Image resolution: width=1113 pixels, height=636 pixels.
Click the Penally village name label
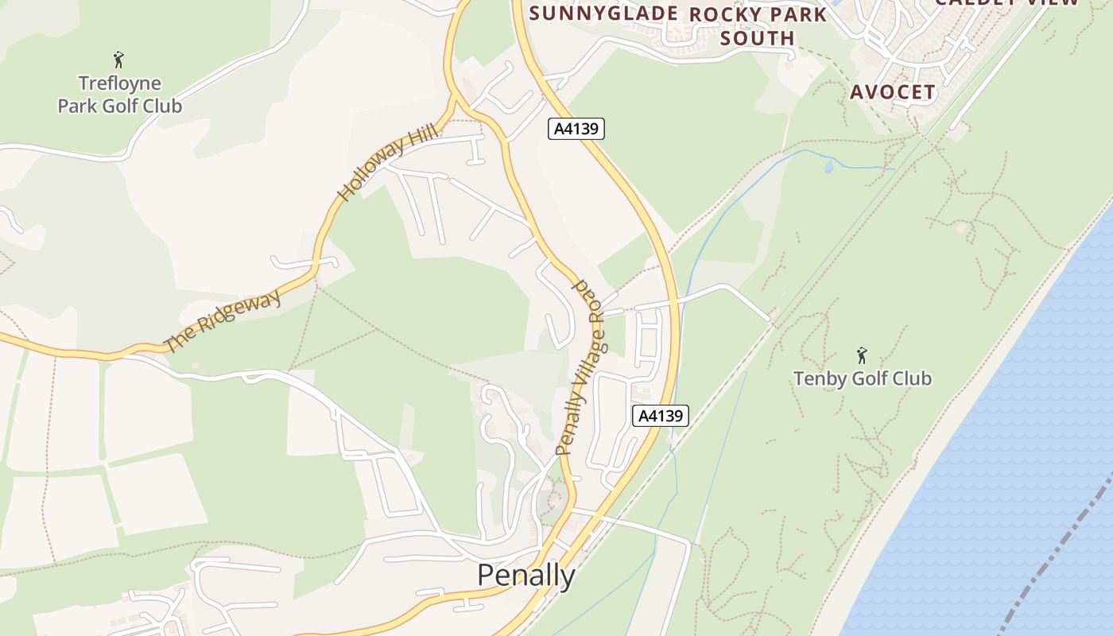click(x=525, y=575)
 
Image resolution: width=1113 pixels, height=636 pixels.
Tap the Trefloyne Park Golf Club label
click(x=120, y=95)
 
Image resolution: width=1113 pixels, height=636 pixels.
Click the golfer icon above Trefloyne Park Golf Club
click(x=119, y=60)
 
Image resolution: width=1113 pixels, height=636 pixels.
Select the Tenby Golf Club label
click(x=863, y=378)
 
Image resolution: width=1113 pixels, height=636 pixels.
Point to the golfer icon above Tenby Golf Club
click(x=862, y=355)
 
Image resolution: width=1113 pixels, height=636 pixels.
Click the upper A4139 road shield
click(x=576, y=129)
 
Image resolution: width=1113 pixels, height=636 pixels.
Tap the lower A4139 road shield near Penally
click(x=660, y=415)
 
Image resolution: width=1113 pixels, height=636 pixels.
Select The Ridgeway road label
click(x=223, y=322)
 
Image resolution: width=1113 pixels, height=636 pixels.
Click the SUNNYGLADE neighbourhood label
click(x=603, y=13)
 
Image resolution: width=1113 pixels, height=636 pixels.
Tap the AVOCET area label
click(x=893, y=92)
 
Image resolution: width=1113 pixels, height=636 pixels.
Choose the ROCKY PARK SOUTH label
click(x=758, y=26)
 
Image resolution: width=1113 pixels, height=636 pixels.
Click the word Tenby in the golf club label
click(x=819, y=378)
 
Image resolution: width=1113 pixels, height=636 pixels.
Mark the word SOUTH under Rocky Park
click(x=758, y=38)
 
